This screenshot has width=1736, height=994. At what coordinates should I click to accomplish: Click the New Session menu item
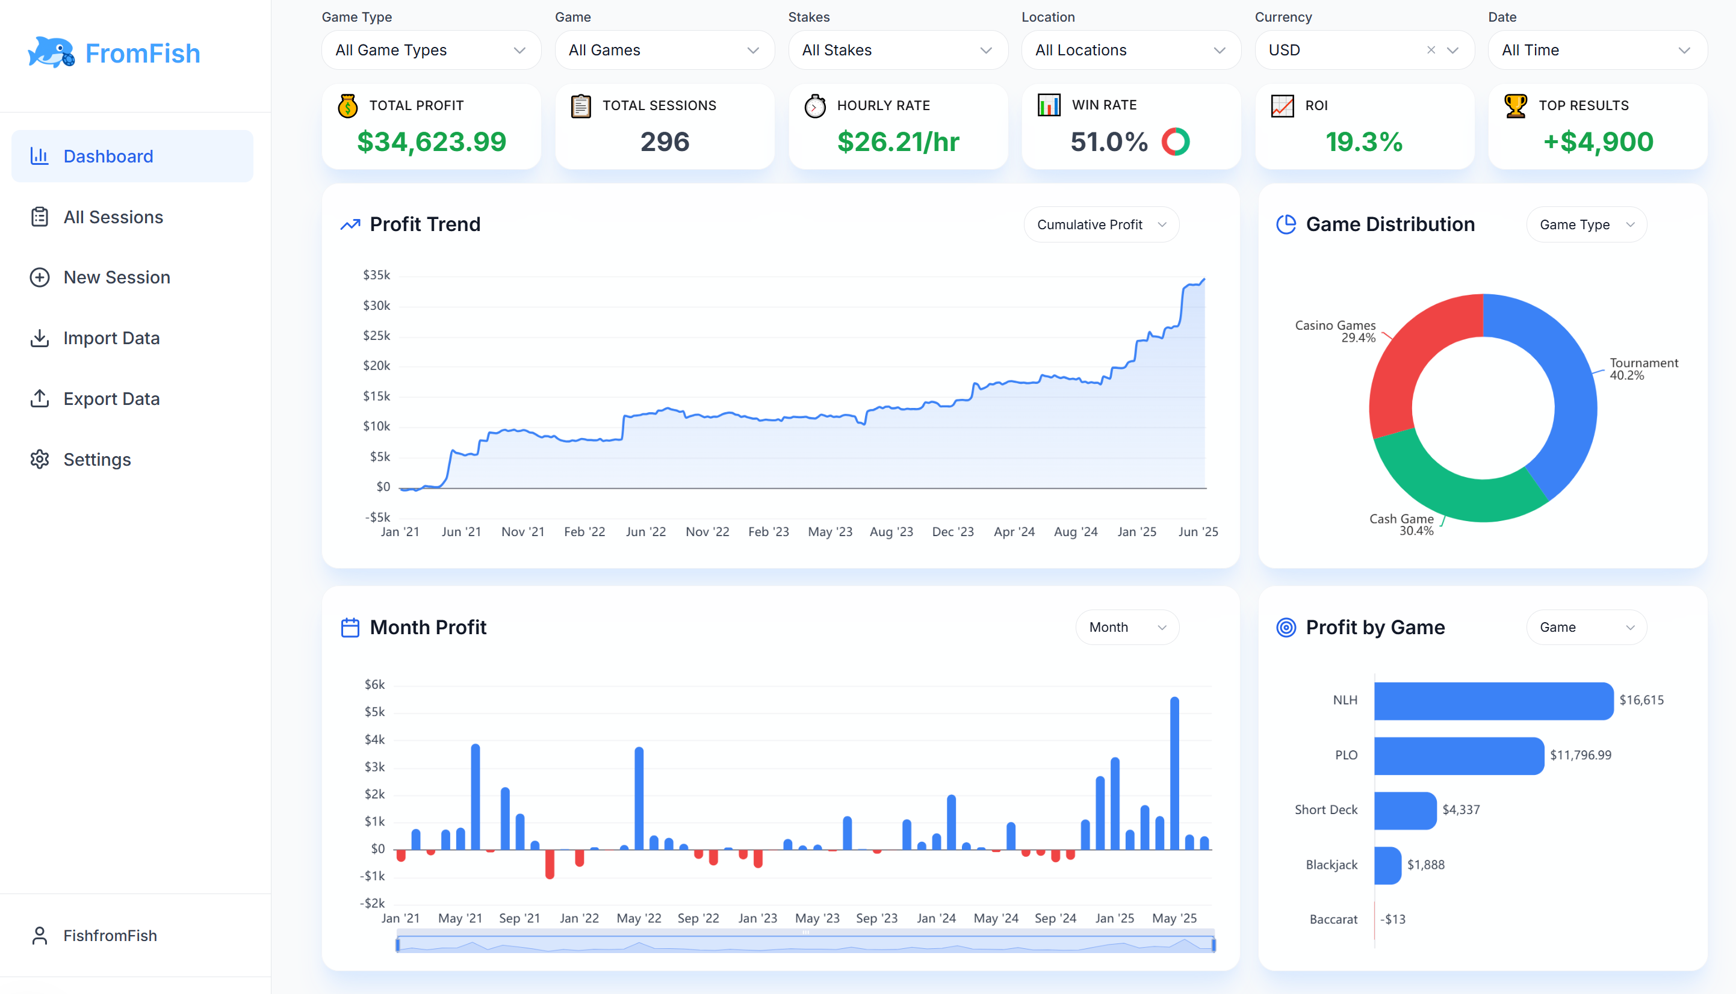[116, 277]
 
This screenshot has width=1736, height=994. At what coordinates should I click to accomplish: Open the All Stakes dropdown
[897, 50]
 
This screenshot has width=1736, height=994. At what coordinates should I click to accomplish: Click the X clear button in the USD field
[1431, 50]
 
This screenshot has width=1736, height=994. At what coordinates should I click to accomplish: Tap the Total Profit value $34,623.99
[431, 142]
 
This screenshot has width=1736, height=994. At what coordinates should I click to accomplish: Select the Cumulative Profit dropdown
[1100, 224]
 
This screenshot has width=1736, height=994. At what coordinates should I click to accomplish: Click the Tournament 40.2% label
[1643, 369]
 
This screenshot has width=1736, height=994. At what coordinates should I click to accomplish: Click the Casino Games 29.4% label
[1335, 331]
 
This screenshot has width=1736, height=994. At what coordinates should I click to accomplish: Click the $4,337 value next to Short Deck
[1460, 810]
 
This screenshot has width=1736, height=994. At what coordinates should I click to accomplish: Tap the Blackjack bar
[1386, 865]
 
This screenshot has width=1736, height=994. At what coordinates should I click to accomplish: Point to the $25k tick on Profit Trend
[376, 335]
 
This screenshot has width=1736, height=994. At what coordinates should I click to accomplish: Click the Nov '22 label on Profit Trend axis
[707, 531]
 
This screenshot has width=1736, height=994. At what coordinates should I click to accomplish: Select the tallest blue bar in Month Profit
[1174, 771]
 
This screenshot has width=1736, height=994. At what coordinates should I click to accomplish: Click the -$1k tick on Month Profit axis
[373, 876]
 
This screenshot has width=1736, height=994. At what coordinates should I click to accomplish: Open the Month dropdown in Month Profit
[1126, 627]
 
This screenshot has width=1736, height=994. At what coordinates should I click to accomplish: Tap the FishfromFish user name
[110, 935]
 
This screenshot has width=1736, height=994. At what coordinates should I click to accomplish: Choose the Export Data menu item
[111, 399]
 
